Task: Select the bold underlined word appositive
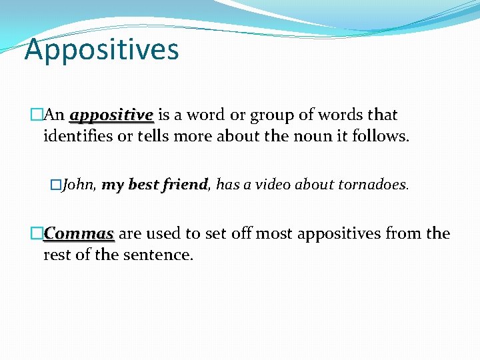tap(111, 115)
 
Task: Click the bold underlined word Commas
tap(79, 234)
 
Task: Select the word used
tap(163, 234)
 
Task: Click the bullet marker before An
tap(37, 115)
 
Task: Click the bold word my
tap(113, 185)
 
